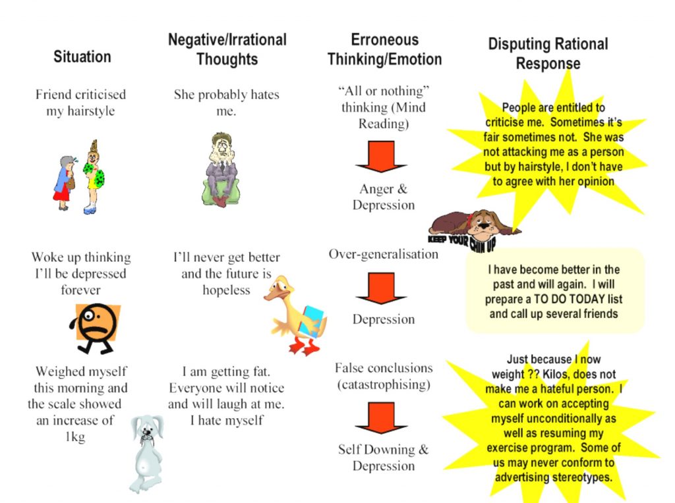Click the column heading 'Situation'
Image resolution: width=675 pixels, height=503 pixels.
(x=82, y=57)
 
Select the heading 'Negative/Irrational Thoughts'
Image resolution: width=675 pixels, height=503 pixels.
(x=227, y=49)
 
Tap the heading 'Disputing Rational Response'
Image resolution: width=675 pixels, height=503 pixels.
(x=548, y=53)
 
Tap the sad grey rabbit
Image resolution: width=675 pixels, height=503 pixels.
(x=147, y=454)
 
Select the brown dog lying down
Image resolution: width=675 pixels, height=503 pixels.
(x=473, y=225)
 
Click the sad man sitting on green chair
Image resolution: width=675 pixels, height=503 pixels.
(x=221, y=170)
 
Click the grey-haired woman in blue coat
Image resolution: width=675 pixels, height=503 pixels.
(x=65, y=183)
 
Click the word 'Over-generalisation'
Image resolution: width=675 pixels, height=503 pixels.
(x=383, y=254)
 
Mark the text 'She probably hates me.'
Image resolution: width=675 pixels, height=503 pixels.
(x=227, y=102)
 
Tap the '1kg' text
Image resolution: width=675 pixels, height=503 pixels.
(x=75, y=437)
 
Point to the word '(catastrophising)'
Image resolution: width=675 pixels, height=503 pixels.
(x=384, y=384)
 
